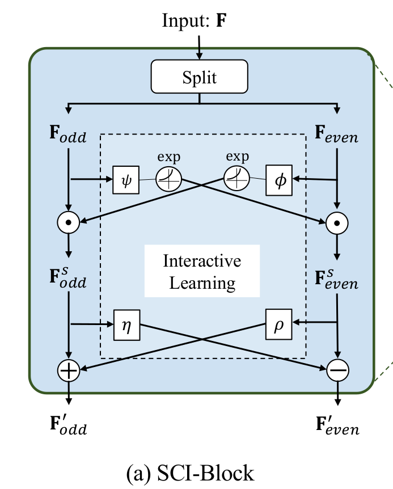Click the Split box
click(199, 77)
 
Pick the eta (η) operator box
click(125, 324)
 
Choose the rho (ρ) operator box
click(278, 324)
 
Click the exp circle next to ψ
click(169, 179)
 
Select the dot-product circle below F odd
click(69, 222)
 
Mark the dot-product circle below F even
click(338, 222)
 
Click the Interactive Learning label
click(202, 271)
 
